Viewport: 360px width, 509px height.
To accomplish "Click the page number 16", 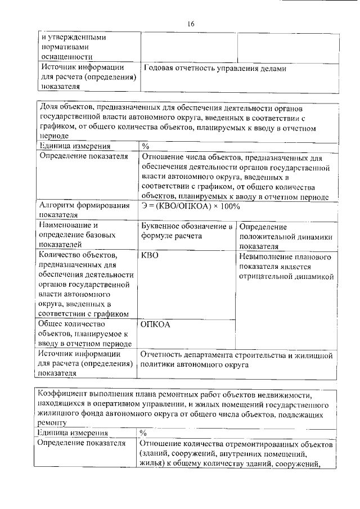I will click(x=191, y=23).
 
